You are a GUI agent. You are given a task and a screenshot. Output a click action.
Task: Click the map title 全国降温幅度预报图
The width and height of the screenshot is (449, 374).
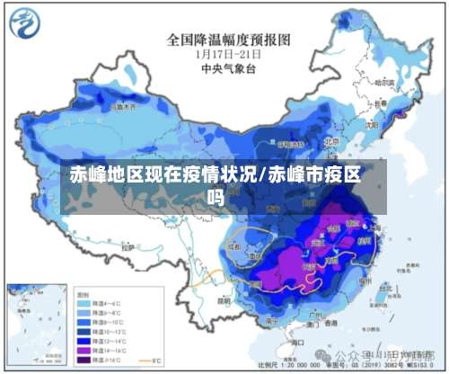pyautogui.click(x=229, y=40)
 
